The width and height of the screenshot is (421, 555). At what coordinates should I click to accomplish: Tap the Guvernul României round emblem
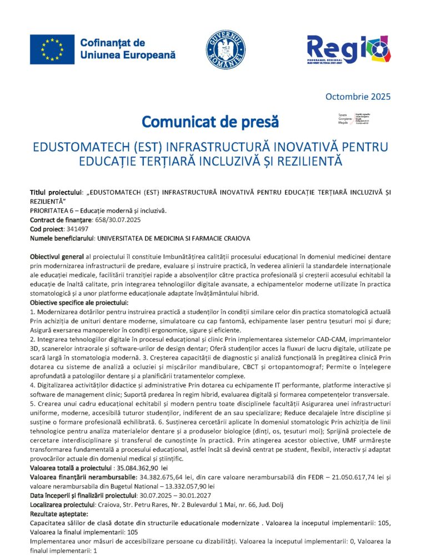[x=225, y=48]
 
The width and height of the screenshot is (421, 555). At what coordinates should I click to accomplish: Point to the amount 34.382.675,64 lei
[x=170, y=478]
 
